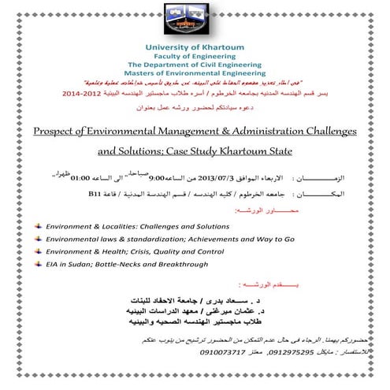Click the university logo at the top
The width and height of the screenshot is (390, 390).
[194, 21]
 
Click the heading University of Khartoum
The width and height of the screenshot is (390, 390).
[194, 49]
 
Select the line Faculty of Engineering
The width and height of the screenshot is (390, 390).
[194, 58]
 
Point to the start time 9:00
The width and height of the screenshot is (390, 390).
[158, 180]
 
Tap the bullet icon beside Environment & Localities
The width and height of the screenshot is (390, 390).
[38, 225]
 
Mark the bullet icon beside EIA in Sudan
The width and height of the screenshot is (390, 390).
[38, 263]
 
